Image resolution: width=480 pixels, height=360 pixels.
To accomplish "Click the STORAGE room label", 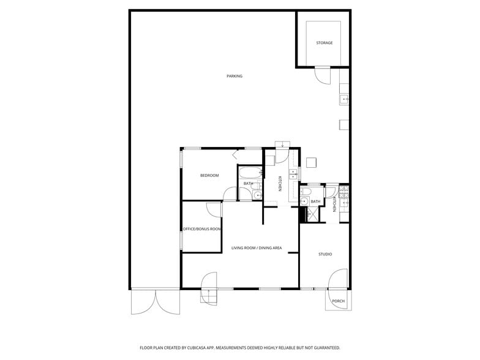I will tap(324, 43).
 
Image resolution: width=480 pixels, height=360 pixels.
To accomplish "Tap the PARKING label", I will tap(234, 77).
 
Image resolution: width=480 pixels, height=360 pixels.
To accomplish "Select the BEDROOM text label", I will tap(209, 176).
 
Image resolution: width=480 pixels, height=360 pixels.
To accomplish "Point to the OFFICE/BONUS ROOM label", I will tap(202, 229).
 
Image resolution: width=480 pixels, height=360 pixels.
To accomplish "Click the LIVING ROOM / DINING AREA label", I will tap(257, 248).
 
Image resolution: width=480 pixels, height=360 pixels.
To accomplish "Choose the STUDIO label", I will tap(324, 254).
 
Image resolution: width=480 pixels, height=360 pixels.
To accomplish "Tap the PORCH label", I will tap(338, 301).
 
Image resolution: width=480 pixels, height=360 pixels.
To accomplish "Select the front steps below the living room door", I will tap(209, 297).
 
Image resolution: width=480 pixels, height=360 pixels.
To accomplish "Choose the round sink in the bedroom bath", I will tap(257, 195).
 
